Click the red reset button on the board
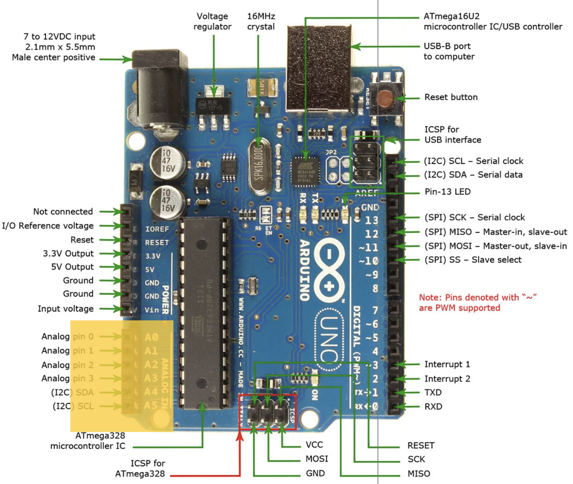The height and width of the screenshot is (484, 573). click(386, 98)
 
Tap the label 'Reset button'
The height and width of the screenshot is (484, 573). click(451, 97)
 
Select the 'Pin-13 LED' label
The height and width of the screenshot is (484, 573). click(447, 192)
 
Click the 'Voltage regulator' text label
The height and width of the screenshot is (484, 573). click(212, 21)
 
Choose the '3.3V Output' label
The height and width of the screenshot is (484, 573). click(68, 253)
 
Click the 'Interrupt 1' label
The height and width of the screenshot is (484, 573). click(447, 364)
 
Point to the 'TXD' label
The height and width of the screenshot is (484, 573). click(433, 392)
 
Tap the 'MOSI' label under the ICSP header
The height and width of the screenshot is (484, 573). click(316, 459)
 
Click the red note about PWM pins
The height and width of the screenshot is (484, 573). click(477, 303)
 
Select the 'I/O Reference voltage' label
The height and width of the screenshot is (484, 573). click(48, 226)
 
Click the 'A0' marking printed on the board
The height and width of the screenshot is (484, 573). click(151, 337)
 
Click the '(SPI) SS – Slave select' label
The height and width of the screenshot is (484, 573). click(473, 260)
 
